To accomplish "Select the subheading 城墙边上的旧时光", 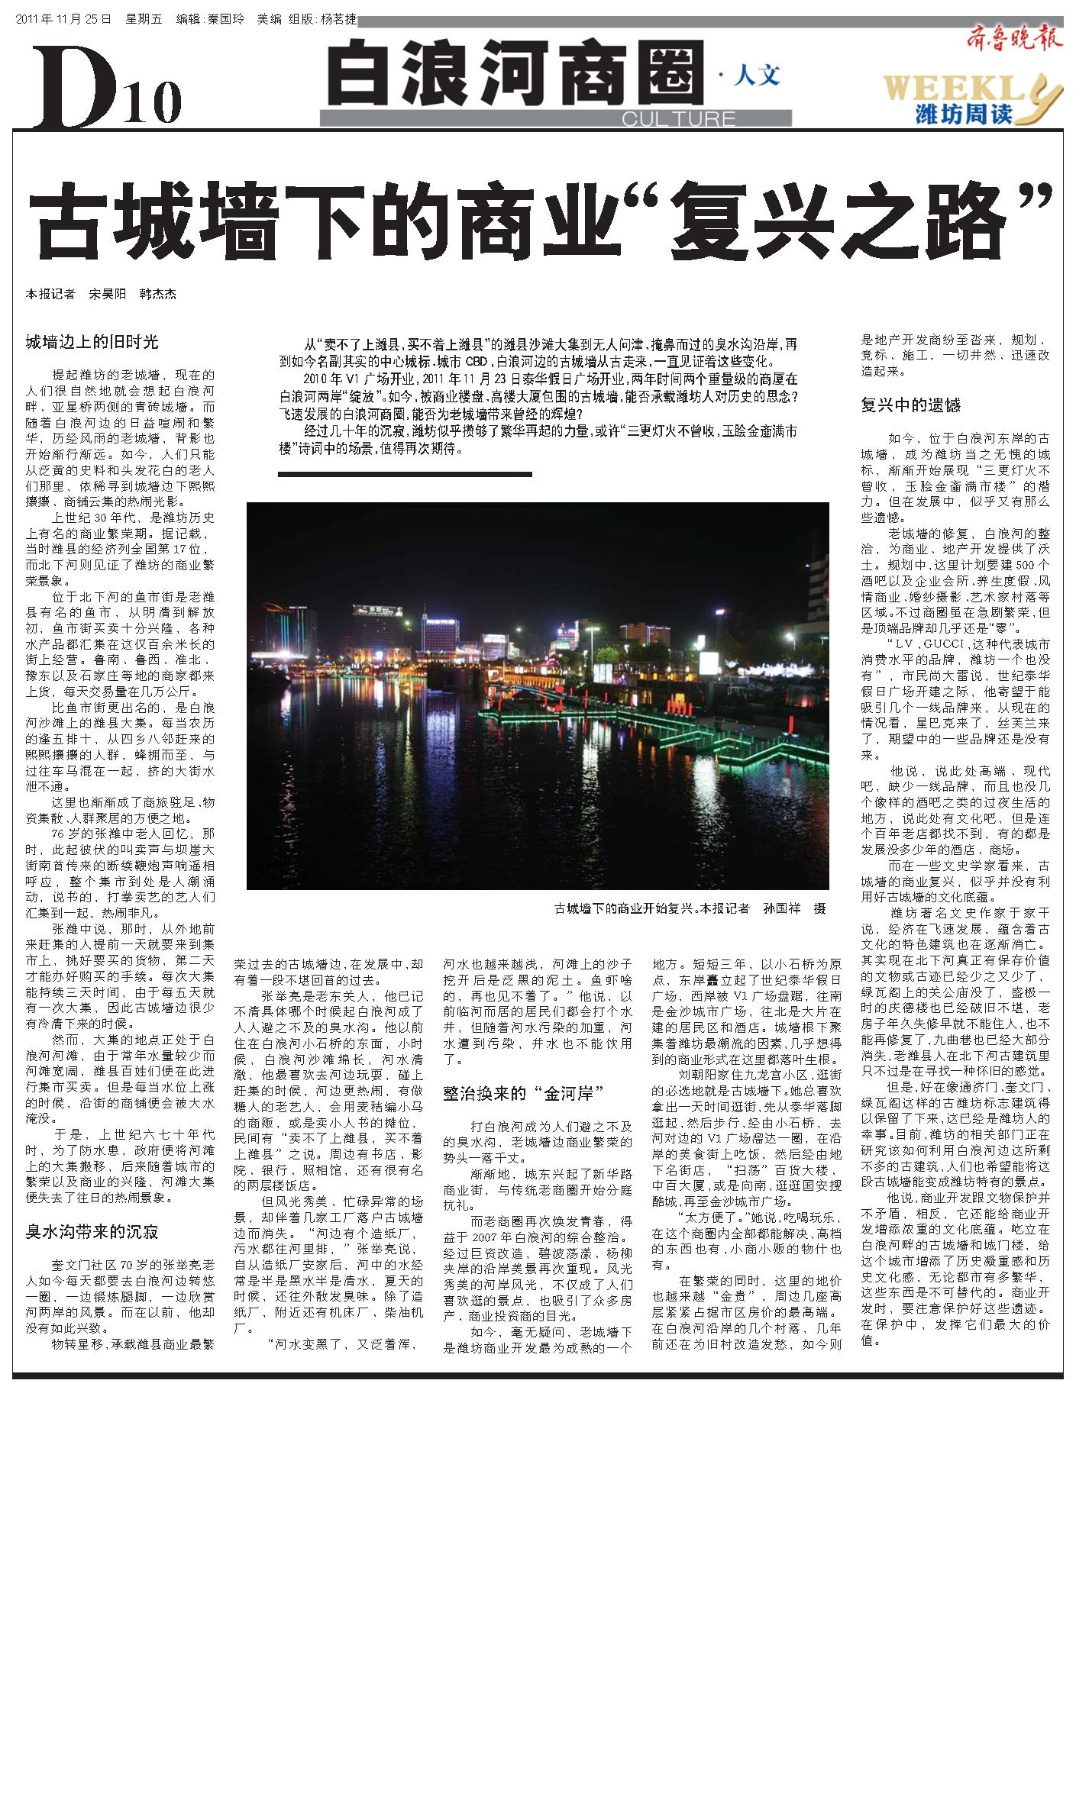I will (x=92, y=342).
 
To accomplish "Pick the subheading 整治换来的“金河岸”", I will (x=524, y=1093).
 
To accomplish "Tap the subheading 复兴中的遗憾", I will (x=910, y=405).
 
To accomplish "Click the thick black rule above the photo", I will (x=404, y=474).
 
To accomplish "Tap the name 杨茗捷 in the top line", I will (x=338, y=18).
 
